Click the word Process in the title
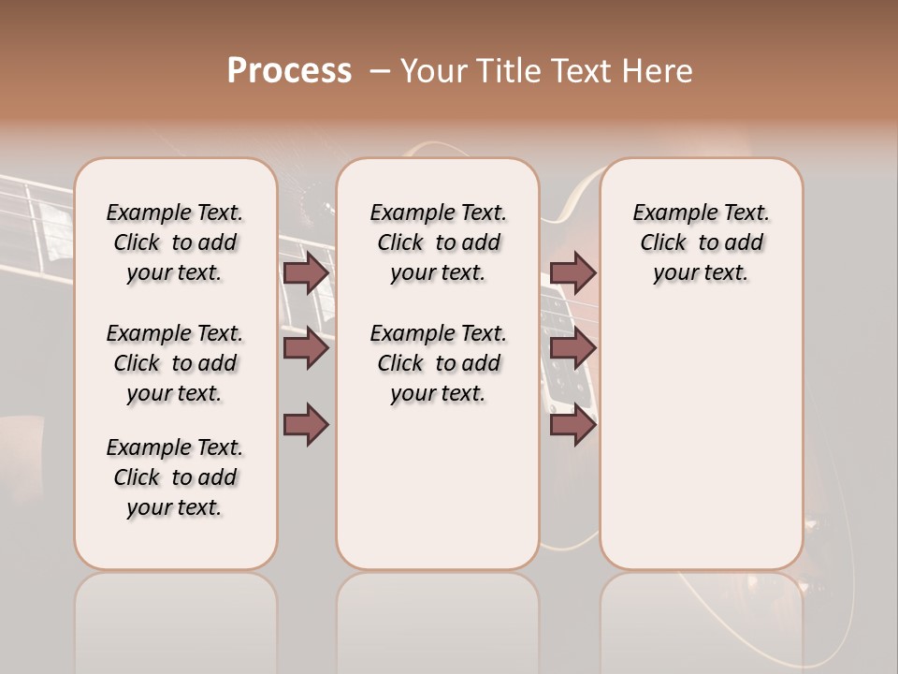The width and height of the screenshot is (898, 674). pos(289,70)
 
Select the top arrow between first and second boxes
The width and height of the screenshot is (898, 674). pos(306,272)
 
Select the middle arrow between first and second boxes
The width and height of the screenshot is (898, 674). pos(306,348)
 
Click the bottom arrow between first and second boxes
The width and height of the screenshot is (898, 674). pos(306,424)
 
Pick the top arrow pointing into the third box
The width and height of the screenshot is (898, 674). pos(572,272)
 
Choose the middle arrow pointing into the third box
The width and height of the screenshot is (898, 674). pos(572,348)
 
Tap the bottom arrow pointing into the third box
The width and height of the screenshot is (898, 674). pos(572,425)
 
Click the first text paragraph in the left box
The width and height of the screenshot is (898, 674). pos(175,242)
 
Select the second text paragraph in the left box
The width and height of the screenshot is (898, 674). pos(175,363)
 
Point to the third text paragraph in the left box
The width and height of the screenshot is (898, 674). pos(175,477)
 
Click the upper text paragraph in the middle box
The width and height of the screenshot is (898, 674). pos(438,242)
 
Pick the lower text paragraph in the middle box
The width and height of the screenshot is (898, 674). pos(438,363)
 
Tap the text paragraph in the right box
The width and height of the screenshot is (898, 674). pos(701,242)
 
